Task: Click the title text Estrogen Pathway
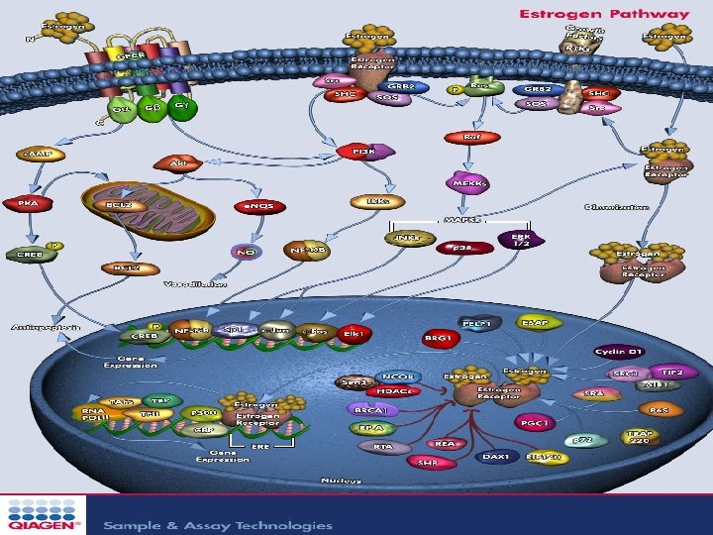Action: [x=604, y=15]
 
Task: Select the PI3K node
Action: [x=364, y=152]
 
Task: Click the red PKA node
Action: [x=28, y=203]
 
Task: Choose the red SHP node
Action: [x=428, y=461]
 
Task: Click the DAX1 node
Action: [x=495, y=457]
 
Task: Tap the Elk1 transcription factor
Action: [x=355, y=335]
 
